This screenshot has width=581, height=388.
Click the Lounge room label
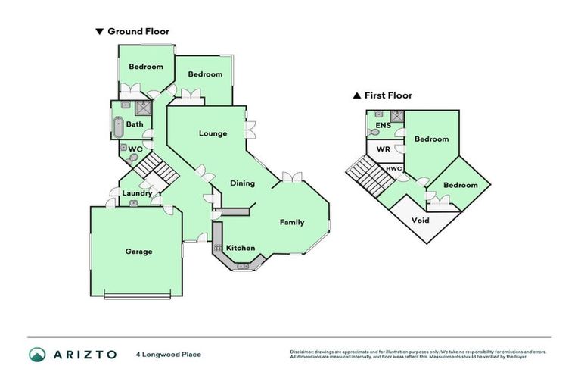point(213,133)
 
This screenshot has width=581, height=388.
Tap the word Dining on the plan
point(242,183)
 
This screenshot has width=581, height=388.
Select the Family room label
point(292,222)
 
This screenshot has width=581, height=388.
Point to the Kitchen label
point(241,248)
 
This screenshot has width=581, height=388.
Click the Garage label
point(138,252)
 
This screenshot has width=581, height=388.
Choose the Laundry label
point(138,193)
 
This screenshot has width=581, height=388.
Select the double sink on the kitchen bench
point(243,266)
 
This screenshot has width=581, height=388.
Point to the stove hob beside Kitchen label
point(217,248)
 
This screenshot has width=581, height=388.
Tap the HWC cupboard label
point(394,168)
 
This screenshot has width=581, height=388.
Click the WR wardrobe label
point(383,149)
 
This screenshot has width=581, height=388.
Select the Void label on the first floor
point(420,221)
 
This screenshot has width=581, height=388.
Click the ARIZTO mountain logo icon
point(37,354)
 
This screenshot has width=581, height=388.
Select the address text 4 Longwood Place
point(169,354)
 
